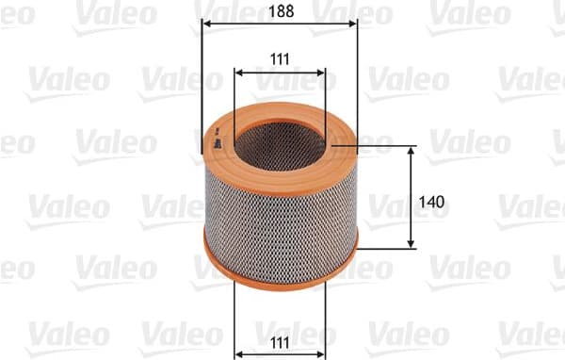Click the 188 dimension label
280,12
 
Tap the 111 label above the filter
279,58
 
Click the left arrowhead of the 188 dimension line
207,24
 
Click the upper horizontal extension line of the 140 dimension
386,146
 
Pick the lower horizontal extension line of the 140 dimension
386,250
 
